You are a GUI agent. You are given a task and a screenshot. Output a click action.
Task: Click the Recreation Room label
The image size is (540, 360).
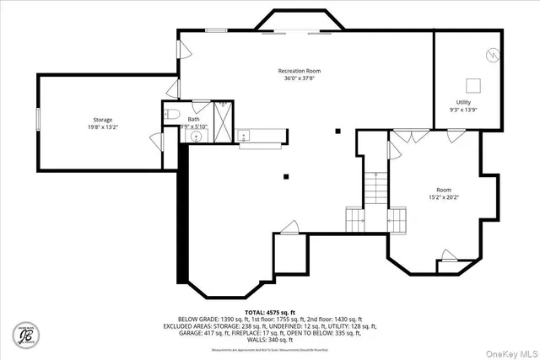tap(300, 71)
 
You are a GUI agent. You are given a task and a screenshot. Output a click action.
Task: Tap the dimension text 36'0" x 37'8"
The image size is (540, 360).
tap(300, 79)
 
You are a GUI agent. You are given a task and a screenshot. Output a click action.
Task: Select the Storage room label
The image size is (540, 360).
tap(102, 120)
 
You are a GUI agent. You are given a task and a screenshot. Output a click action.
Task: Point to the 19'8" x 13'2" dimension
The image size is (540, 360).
tap(102, 128)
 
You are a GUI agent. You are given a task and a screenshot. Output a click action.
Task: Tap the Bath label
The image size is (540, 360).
tap(194, 119)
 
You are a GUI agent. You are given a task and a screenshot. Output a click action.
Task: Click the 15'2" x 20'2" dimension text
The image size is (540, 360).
tap(444, 198)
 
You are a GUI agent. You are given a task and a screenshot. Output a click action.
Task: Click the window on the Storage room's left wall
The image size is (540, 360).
tap(38, 118)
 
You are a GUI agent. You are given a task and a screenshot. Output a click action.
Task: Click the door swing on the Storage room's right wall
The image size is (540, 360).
tap(155, 141)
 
